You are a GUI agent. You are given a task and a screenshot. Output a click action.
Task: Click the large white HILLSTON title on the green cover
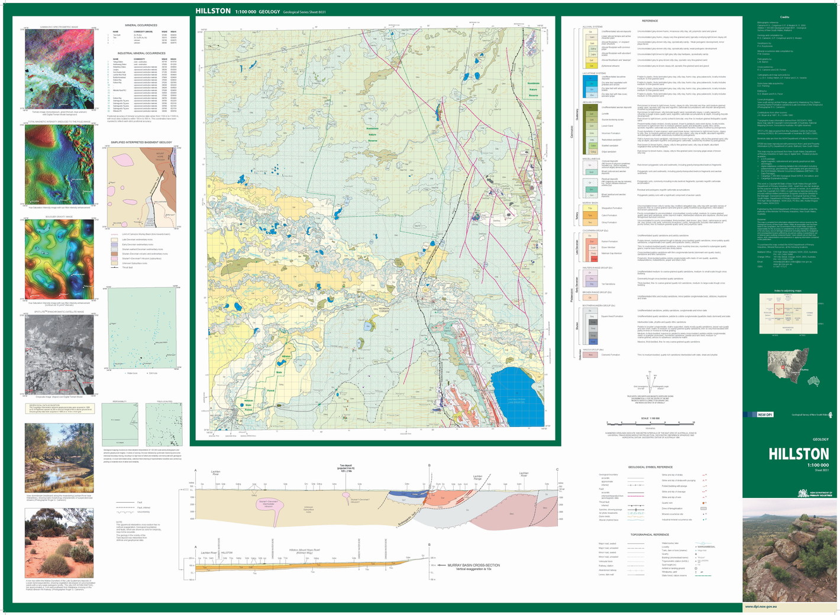[799, 454]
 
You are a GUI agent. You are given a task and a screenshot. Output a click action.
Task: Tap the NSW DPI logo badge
[765, 415]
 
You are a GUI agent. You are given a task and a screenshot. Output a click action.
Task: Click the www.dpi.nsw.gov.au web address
[761, 606]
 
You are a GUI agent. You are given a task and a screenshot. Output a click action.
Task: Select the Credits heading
[784, 17]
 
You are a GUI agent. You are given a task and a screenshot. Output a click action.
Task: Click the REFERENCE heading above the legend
[650, 21]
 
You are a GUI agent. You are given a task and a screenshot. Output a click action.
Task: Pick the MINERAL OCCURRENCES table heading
[141, 25]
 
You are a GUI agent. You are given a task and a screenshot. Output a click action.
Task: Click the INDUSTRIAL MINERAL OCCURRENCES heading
[141, 53]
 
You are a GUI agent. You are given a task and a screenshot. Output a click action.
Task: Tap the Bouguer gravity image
[59, 259]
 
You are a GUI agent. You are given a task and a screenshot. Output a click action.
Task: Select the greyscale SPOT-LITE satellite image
[59, 354]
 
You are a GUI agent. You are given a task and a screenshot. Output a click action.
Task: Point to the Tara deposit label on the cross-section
[345, 468]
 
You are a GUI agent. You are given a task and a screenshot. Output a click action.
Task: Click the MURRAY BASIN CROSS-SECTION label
[473, 565]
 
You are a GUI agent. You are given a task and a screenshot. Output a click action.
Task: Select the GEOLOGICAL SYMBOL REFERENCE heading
[650, 467]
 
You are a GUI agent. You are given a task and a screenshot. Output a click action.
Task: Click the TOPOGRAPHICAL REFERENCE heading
[650, 535]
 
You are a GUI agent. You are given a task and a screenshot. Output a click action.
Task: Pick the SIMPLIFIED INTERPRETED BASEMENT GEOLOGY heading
[141, 143]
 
